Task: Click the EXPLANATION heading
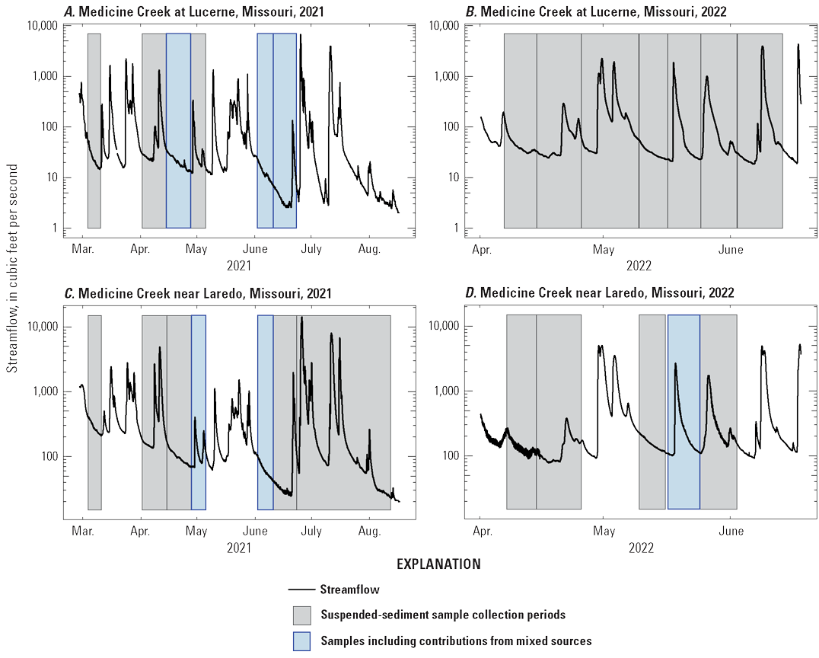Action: pyautogui.click(x=438, y=564)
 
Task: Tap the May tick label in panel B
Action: pyautogui.click(x=604, y=248)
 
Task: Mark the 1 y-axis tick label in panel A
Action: pyautogui.click(x=55, y=228)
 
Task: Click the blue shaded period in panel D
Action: pyautogui.click(x=684, y=411)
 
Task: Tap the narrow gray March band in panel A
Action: pyautogui.click(x=94, y=130)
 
